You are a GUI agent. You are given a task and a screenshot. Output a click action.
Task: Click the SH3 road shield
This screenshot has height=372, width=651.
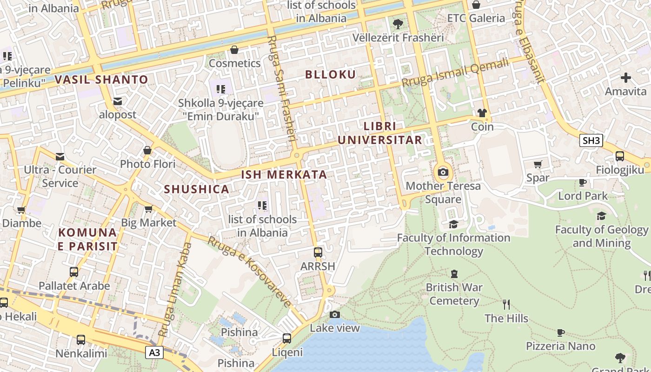[x=591, y=140]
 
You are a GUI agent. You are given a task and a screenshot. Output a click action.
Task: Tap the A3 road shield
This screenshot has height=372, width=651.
[x=155, y=352]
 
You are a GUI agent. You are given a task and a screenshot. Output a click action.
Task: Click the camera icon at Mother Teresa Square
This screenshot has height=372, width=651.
[x=443, y=173]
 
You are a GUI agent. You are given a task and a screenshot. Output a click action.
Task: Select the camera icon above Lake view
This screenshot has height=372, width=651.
[x=334, y=314]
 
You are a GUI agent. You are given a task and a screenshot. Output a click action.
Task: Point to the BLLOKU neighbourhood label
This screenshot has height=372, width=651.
[x=331, y=74]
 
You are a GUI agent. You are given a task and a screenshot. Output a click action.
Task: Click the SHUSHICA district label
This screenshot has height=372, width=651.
[x=197, y=189]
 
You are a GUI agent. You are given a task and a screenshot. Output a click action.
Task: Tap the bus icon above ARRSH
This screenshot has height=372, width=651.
[x=318, y=252]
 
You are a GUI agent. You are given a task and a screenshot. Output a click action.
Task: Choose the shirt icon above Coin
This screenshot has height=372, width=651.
[x=482, y=113]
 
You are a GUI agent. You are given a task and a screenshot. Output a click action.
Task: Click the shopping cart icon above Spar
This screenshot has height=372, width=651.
[x=538, y=164]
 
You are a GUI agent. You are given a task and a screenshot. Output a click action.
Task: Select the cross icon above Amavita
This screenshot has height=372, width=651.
[x=626, y=78]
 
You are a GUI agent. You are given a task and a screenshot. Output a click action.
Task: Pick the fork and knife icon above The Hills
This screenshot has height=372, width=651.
[x=506, y=305]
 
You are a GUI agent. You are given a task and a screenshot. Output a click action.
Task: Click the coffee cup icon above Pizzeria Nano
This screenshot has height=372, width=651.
[x=561, y=332]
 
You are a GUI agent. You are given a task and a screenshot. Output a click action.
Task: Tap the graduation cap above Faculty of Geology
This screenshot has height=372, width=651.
[x=601, y=216]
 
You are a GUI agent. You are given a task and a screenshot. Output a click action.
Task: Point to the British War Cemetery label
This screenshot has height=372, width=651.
[x=454, y=294]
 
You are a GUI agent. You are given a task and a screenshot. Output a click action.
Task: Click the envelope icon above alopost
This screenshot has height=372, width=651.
[x=118, y=101]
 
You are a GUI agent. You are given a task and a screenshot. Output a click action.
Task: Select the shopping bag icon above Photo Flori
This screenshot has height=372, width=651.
[x=147, y=150]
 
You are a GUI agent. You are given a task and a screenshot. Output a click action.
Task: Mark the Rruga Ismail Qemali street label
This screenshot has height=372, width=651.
[x=455, y=73]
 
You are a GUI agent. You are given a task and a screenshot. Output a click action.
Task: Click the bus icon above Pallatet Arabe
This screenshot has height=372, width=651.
[x=74, y=272]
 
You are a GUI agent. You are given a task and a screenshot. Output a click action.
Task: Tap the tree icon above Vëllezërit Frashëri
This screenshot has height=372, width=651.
[x=398, y=24]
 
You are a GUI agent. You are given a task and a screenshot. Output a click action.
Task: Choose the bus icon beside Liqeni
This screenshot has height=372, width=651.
[x=287, y=338]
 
